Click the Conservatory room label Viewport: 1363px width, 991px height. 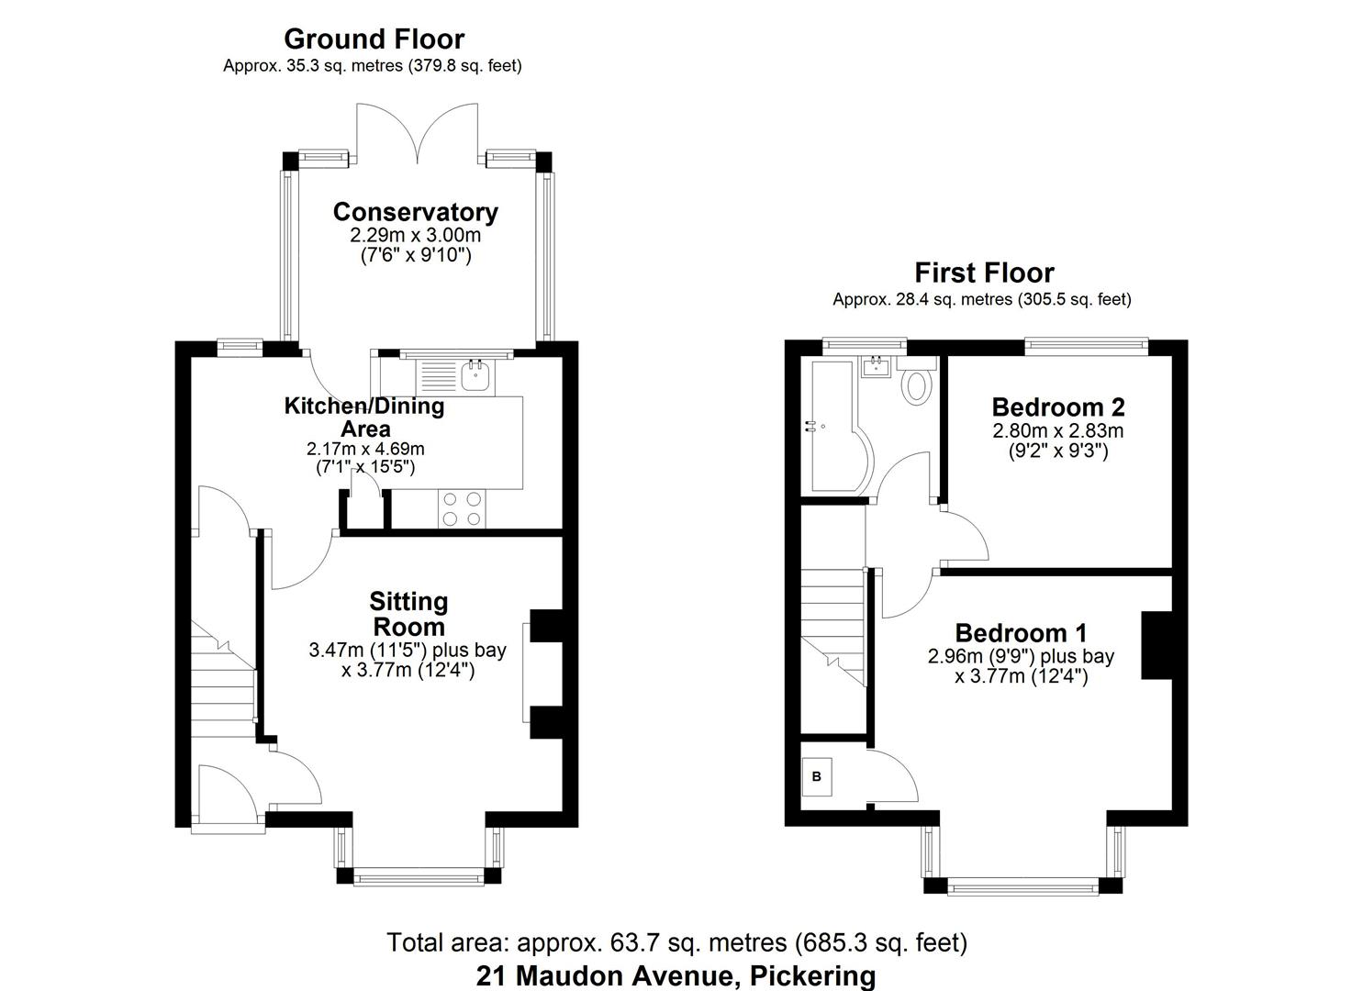click(415, 212)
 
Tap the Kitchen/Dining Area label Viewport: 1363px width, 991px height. click(364, 417)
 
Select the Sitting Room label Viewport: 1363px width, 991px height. click(408, 614)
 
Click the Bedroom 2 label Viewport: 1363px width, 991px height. click(1057, 406)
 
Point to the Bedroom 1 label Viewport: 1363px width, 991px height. click(1021, 632)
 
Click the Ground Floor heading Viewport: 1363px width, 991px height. click(374, 39)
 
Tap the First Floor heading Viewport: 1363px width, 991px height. click(984, 273)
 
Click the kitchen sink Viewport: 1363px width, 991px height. click(475, 375)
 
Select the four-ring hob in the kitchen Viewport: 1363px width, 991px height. click(462, 509)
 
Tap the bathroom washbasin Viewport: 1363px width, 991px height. click(876, 369)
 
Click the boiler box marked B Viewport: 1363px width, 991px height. click(817, 776)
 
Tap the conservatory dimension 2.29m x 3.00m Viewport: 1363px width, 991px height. click(415, 235)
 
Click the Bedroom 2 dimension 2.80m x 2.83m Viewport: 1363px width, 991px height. click(1057, 430)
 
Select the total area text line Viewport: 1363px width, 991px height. click(676, 942)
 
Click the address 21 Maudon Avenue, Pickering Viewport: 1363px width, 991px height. click(676, 974)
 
